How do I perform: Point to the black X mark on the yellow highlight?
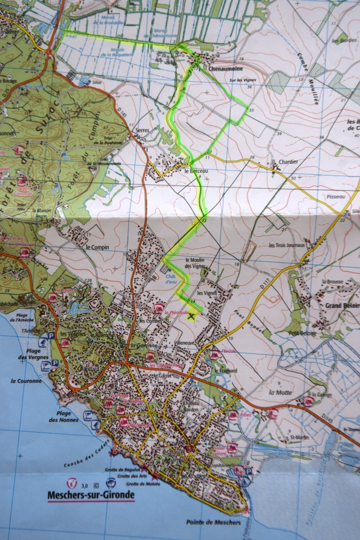tap(193, 317)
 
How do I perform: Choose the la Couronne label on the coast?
tap(26, 381)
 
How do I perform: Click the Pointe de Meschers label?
tap(213, 523)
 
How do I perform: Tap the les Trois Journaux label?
tap(286, 245)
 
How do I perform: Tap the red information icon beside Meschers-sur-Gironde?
tap(71, 483)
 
